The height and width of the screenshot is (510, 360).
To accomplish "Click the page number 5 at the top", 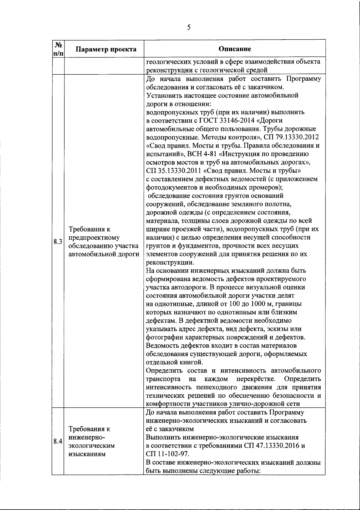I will (x=188, y=28).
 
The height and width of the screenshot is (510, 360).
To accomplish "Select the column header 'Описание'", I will (x=235, y=49).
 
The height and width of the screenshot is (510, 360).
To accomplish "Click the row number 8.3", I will (x=58, y=242).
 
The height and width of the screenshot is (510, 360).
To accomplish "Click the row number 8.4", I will (x=58, y=442).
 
